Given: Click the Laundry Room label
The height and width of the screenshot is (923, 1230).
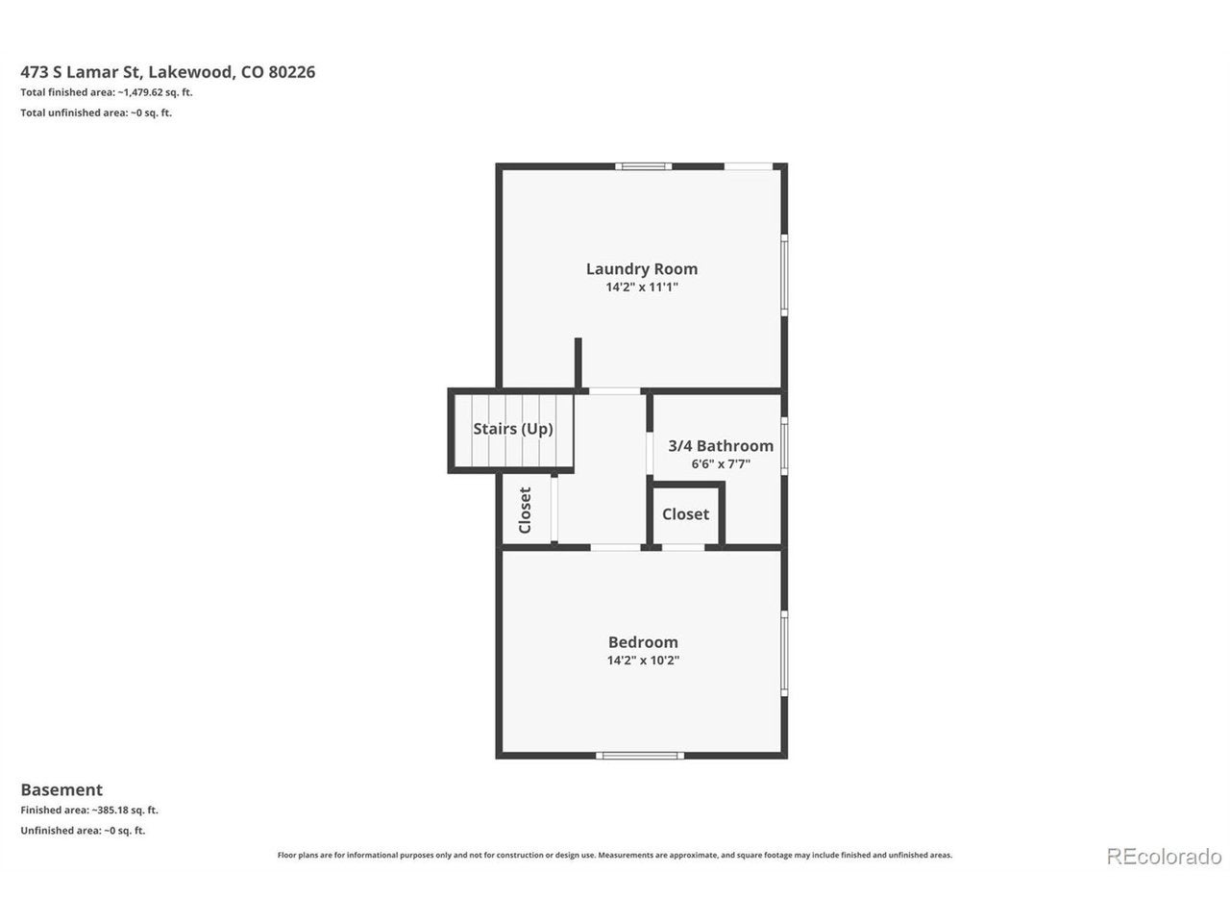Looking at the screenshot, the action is point(642,269).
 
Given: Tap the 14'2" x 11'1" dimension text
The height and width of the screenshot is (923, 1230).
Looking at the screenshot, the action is point(642,287).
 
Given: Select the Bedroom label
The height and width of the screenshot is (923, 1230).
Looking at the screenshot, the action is point(643,642).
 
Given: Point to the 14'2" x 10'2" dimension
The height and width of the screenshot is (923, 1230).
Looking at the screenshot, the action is point(643,661).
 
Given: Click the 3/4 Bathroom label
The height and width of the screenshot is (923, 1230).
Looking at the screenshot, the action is point(721,446).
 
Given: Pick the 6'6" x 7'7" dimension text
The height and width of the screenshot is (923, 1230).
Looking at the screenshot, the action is point(721,464).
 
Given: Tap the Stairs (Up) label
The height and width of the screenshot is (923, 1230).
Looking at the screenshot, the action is point(513,429).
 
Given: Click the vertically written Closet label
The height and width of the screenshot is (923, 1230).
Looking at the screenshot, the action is point(525,511).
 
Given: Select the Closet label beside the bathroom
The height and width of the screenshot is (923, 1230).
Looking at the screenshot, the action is point(685,513).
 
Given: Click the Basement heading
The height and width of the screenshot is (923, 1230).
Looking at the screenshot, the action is point(61,789).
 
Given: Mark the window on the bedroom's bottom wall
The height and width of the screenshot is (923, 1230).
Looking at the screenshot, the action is point(640,756).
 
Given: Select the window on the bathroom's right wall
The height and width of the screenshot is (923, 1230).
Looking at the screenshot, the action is point(784,446).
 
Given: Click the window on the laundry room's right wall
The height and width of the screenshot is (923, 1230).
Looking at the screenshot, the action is point(784,275).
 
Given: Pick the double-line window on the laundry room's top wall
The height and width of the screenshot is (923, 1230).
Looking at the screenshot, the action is point(643,166).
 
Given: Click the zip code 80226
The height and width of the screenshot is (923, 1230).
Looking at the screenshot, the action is point(291,72).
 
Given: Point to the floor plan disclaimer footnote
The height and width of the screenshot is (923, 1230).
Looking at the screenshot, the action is point(615,855).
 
